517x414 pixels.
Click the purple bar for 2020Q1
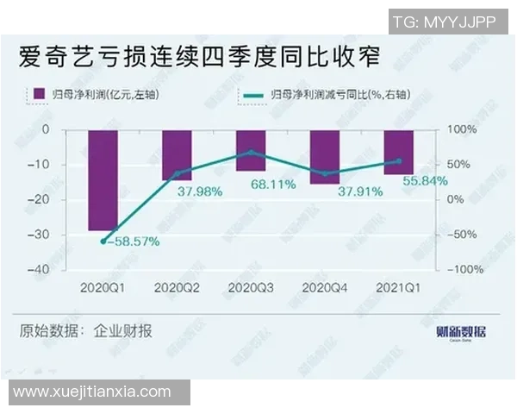point(103,180)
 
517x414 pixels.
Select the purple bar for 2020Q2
point(178,155)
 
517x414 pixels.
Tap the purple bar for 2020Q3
point(251,150)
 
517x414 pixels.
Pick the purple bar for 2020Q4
point(325,157)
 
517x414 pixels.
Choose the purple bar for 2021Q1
point(398,152)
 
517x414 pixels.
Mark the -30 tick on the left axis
point(61,235)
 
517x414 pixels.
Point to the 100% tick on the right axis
point(460,130)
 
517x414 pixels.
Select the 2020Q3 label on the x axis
point(251,286)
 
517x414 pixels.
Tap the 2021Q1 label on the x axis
point(398,286)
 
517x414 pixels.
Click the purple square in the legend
point(39,94)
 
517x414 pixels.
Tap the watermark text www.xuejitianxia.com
point(93,392)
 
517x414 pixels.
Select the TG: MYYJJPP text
point(444,22)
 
